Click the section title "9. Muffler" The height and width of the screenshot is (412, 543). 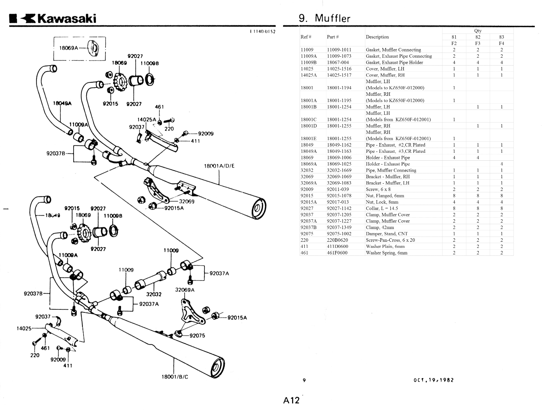324,18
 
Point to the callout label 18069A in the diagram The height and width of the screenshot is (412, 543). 69,48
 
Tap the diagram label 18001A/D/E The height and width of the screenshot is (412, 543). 219,166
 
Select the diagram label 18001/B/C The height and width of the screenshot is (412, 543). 175,377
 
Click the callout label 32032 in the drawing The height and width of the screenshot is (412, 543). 154,294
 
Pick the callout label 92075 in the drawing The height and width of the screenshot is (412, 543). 197,335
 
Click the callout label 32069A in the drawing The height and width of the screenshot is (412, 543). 185,289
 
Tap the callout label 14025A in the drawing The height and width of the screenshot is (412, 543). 146,119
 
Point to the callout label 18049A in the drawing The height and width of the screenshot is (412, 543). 62,103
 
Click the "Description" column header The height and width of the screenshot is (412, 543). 377,37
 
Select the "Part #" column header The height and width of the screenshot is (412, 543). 333,37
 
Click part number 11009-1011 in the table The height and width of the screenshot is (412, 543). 339,50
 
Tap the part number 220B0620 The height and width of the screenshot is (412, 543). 337,240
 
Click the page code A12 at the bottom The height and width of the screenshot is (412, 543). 291,400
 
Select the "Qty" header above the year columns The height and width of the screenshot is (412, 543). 478,31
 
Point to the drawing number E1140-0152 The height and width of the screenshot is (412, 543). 263,32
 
